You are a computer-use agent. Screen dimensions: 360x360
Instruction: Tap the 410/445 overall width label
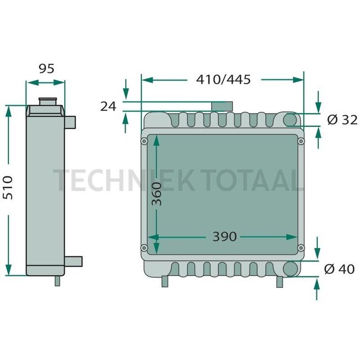point(223,79)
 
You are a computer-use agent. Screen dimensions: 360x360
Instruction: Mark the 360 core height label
point(157,193)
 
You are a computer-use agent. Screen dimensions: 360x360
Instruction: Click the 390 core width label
point(224,236)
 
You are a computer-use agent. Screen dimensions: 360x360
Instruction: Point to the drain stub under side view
point(57,281)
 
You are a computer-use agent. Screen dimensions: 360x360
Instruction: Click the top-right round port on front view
point(290,120)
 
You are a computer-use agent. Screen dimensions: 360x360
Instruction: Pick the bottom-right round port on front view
point(290,269)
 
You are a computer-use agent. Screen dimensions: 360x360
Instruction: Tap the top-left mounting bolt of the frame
point(145,141)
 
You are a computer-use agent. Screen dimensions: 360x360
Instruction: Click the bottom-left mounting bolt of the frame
point(145,248)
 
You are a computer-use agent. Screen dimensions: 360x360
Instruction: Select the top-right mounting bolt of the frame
point(301,141)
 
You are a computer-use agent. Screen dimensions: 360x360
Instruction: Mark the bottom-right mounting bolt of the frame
point(301,248)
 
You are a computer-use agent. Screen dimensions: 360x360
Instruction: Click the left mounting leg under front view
point(164,281)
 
